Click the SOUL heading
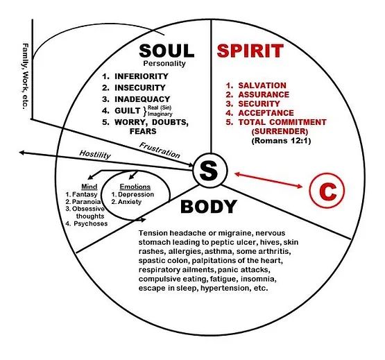166,51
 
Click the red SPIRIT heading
250,51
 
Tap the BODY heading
209,207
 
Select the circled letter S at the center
210,170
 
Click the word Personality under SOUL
164,64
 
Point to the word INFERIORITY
142,76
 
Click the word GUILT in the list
128,110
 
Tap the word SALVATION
262,85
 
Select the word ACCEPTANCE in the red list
266,113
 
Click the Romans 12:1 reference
281,141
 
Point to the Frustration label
160,150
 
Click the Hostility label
95,155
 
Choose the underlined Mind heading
89,187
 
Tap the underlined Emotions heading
135,187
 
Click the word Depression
136,194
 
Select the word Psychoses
91,224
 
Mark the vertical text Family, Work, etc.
25,76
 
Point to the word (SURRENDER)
280,131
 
